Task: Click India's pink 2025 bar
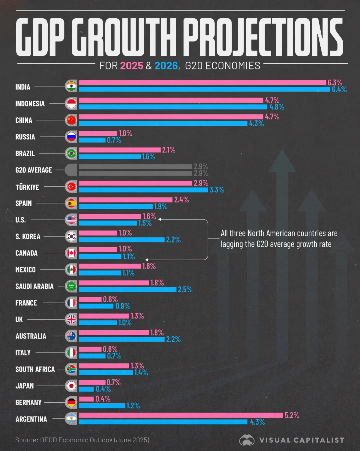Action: tap(202, 83)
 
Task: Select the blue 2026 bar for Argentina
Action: tap(163, 422)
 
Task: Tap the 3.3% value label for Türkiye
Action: tap(217, 190)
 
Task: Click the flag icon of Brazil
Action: tap(71, 153)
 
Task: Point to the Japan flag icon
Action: tap(71, 386)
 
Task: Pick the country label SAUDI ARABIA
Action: tap(34, 287)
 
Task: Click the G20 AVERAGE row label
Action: tap(34, 170)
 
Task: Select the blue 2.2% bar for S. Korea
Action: tap(122, 240)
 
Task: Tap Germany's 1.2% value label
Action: tap(133, 406)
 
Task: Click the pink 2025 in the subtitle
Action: tap(132, 66)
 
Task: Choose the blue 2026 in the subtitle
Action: tap(166, 66)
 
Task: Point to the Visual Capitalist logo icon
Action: tap(247, 440)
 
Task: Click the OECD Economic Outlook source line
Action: tap(82, 440)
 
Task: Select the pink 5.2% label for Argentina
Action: tap(292, 415)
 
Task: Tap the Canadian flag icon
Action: tap(71, 253)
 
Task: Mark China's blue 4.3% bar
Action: tap(163, 123)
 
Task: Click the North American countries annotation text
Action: tap(279, 239)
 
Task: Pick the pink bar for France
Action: tap(90, 299)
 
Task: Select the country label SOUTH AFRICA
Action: tap(35, 369)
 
